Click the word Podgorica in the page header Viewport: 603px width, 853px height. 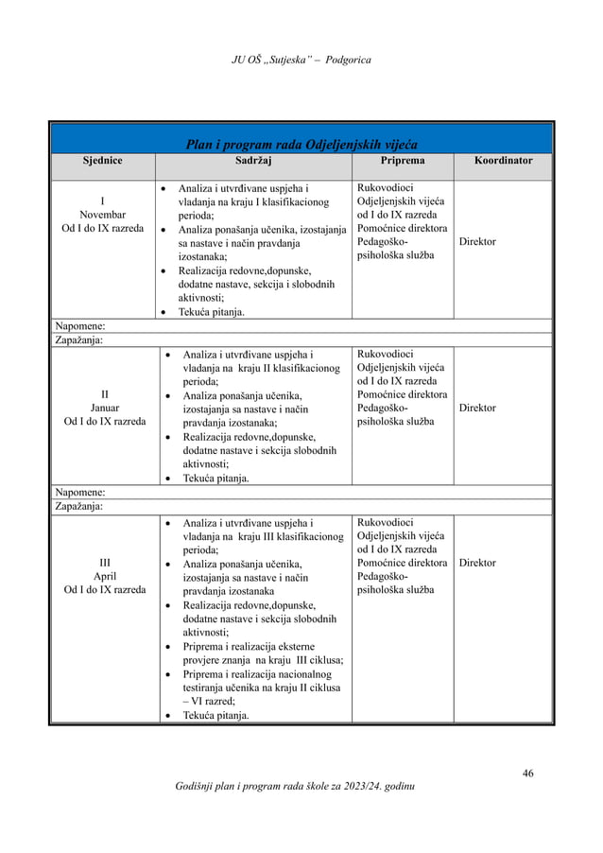[347, 61]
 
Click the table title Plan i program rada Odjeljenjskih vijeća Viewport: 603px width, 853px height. [301, 145]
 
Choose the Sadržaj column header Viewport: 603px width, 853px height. [253, 161]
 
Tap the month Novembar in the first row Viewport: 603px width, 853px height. [103, 215]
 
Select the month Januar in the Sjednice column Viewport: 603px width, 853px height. [103, 408]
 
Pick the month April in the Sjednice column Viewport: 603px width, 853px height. [103, 575]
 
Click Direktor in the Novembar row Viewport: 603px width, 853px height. [477, 242]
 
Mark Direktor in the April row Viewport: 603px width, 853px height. [477, 563]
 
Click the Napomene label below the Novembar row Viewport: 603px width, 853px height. [79, 326]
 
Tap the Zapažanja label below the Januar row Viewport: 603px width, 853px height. [79, 506]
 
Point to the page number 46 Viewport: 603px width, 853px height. [527, 774]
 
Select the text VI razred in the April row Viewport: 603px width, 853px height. [218, 701]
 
